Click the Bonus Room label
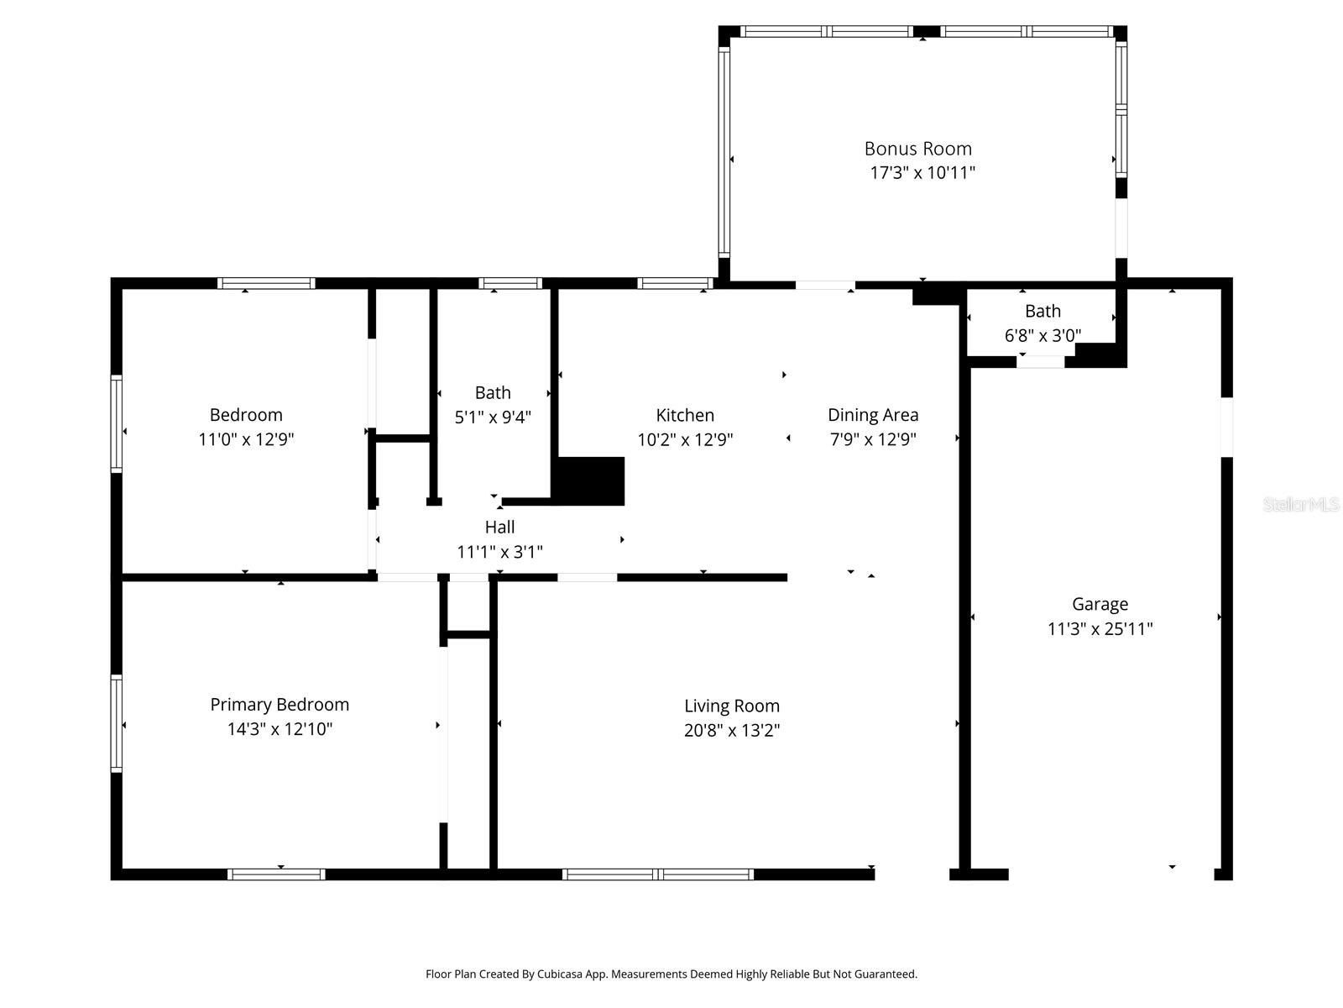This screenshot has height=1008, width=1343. tap(917, 149)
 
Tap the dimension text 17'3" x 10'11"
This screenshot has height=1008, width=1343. tap(922, 173)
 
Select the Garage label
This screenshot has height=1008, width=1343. tap(1100, 604)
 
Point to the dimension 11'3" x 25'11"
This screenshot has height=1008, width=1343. tap(1100, 629)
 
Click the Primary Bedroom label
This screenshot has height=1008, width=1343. tap(280, 705)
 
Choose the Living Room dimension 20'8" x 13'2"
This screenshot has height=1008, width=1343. tap(732, 731)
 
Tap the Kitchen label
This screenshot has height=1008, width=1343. tap(685, 415)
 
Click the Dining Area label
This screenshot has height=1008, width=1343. tap(873, 415)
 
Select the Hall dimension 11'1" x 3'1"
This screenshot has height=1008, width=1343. tap(499, 552)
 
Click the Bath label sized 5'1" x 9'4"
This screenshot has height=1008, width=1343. tap(493, 392)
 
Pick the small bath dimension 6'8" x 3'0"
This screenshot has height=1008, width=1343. tap(1043, 336)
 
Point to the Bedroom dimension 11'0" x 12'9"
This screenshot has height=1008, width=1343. tap(246, 439)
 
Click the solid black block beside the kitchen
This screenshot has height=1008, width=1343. tap(591, 481)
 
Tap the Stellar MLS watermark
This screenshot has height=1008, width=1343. tap(1300, 505)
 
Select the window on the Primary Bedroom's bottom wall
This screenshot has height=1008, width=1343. tap(276, 874)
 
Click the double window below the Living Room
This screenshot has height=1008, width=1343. tap(658, 874)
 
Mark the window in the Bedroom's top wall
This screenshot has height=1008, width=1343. tap(266, 283)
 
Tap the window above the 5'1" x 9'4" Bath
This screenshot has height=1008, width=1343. tap(510, 283)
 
